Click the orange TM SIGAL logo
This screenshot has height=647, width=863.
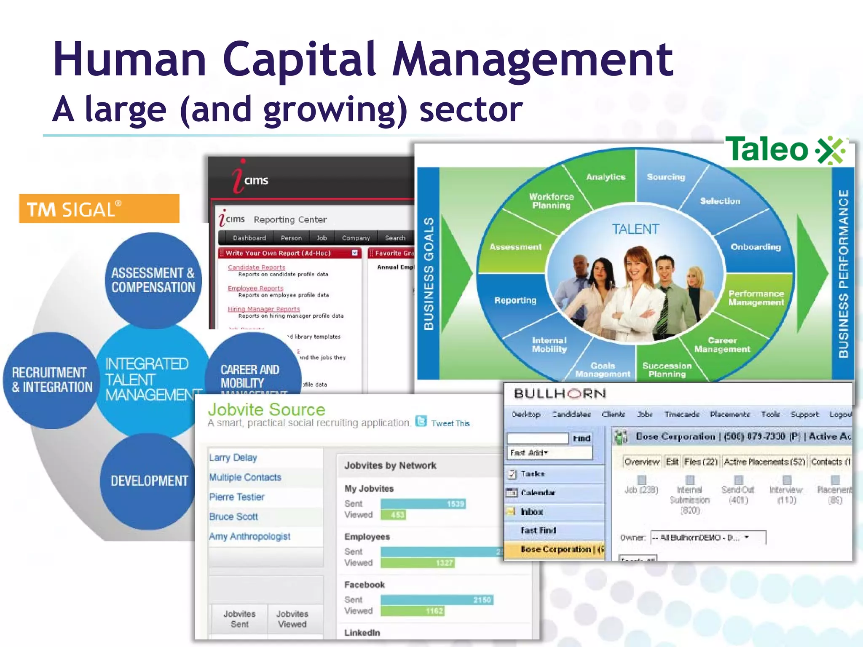(x=99, y=209)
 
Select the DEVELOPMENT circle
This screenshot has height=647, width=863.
(x=149, y=481)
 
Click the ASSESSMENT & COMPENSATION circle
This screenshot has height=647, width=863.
(x=153, y=280)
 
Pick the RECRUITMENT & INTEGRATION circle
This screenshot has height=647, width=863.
(x=51, y=380)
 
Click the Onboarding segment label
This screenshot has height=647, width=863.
(x=756, y=247)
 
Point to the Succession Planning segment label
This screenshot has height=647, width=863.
(x=667, y=370)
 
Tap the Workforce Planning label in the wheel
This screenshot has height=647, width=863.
(x=551, y=201)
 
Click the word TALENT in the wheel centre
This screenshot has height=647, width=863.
(x=635, y=229)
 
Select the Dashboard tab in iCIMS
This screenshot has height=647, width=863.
(x=249, y=238)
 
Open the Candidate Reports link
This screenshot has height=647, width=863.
(x=256, y=267)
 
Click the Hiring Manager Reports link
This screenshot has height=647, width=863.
(x=264, y=309)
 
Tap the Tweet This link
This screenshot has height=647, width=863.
(x=450, y=423)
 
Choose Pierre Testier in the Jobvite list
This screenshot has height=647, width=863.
(x=237, y=497)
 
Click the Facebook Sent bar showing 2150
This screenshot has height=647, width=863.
(x=437, y=600)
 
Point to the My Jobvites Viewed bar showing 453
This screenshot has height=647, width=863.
(x=393, y=515)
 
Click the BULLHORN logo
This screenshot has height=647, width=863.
(x=560, y=394)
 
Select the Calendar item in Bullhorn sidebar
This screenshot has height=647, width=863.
(x=538, y=492)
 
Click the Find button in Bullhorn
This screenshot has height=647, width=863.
(x=582, y=438)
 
